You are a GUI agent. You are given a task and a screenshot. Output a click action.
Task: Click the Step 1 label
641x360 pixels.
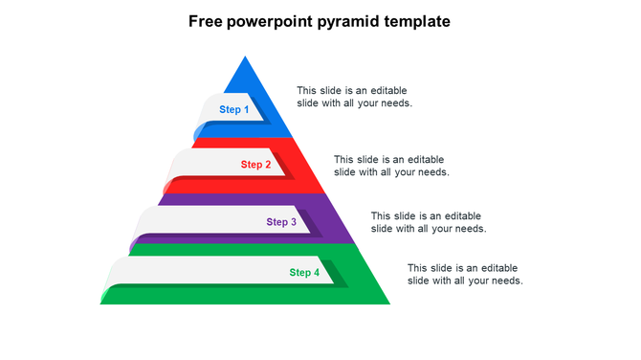pyautogui.click(x=234, y=110)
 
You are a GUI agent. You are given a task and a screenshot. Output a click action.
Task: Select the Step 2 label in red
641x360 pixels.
pyautogui.click(x=256, y=165)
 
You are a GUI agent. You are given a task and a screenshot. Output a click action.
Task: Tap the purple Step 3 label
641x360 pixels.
pyautogui.click(x=281, y=222)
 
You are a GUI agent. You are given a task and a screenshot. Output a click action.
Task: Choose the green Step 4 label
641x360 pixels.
pyautogui.click(x=305, y=273)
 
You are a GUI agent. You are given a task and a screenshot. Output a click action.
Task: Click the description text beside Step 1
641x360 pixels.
pyautogui.click(x=354, y=97)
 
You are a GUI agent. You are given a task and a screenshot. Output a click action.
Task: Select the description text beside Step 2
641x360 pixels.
pyautogui.click(x=391, y=166)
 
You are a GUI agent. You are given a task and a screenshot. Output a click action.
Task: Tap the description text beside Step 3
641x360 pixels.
pyautogui.click(x=429, y=222)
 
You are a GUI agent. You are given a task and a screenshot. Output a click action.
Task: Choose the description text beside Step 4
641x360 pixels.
pyautogui.click(x=465, y=274)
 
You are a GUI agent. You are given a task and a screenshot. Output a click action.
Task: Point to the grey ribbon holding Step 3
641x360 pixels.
pyautogui.click(x=201, y=222)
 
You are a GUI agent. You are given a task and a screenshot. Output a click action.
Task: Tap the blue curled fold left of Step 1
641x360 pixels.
pyautogui.click(x=198, y=132)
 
